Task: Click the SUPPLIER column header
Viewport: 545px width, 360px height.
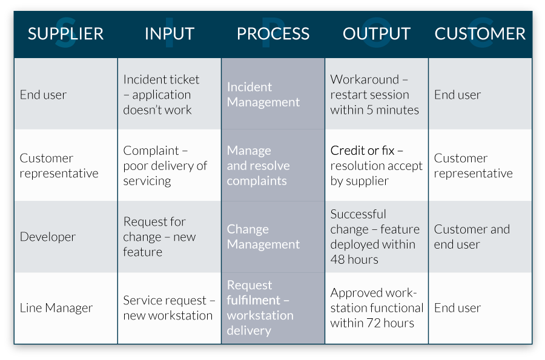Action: (65, 34)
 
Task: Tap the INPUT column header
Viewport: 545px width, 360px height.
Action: (170, 34)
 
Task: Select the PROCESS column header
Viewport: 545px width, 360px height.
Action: (273, 34)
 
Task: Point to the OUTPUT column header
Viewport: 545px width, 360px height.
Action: (377, 34)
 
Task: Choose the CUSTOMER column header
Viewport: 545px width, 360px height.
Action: (480, 34)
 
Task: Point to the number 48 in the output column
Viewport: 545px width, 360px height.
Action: (337, 260)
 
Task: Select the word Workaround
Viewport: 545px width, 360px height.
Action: (365, 79)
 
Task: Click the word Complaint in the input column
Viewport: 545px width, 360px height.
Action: (151, 151)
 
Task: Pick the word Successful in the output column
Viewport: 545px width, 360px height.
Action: (358, 214)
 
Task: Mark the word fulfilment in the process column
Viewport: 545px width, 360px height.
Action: (253, 300)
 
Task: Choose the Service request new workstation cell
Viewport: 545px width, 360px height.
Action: (170, 308)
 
